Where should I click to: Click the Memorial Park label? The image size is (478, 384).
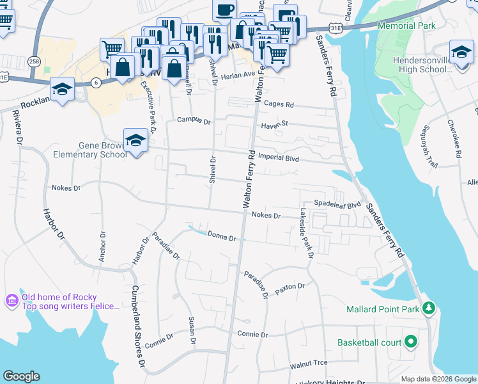click(406, 26)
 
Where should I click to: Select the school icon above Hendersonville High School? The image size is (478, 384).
click(461, 52)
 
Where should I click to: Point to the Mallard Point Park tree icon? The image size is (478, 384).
click(429, 309)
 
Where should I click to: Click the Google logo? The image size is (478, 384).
click(21, 376)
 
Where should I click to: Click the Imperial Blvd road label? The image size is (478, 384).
click(279, 157)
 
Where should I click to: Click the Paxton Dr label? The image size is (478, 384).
click(291, 288)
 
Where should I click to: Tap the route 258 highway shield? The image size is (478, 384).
click(35, 61)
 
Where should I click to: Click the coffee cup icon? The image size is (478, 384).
click(224, 11)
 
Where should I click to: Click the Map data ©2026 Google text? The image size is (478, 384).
click(438, 379)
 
